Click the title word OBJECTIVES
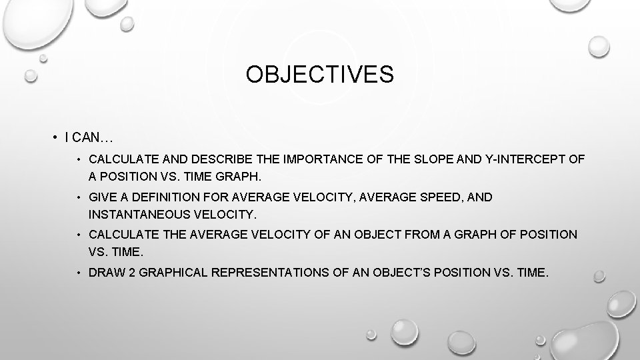(319, 75)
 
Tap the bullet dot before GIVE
(79, 197)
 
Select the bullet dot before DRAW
(79, 273)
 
